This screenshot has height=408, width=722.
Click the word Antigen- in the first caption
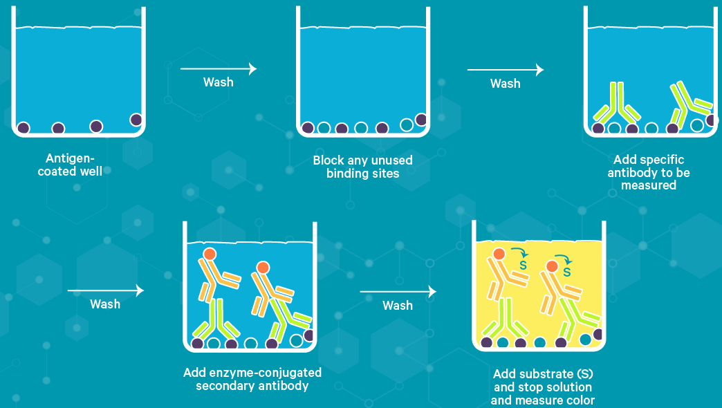click(69, 158)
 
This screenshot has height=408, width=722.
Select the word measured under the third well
click(648, 185)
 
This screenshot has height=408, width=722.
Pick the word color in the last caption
click(580, 400)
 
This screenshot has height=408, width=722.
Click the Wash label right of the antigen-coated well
click(218, 82)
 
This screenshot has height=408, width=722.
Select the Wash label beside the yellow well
click(398, 305)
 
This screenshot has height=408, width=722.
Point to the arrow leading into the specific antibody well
click(505, 70)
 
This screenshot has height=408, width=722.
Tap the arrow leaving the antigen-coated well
click(218, 68)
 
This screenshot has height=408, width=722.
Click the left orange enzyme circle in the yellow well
click(499, 254)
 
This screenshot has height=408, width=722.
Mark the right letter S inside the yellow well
click(566, 272)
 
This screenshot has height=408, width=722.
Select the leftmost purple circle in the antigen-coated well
click(24, 127)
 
